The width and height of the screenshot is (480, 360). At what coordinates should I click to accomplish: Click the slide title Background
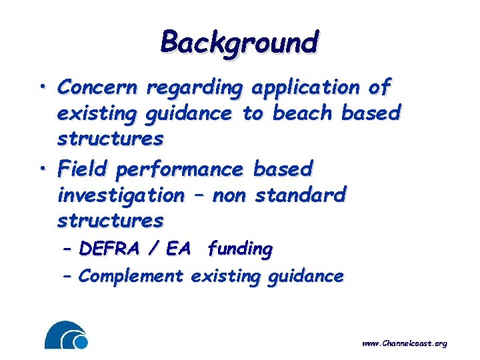[x=239, y=42]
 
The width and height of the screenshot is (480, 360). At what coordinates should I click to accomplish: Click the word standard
[x=301, y=195]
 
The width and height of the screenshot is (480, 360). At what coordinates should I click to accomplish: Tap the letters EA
[x=178, y=249]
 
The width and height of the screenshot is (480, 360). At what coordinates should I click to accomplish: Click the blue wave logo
[x=66, y=335]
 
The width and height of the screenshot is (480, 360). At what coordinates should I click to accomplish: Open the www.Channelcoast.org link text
[x=404, y=344]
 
